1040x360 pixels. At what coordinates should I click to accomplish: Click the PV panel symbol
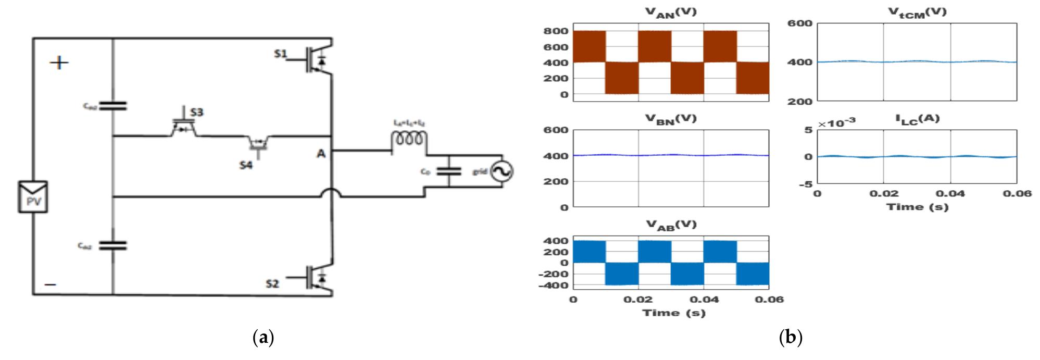[x=33, y=196]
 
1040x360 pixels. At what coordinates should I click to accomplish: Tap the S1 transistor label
[x=281, y=54]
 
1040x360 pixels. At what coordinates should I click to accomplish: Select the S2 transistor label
[x=272, y=283]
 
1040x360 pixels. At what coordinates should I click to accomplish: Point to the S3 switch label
[x=197, y=112]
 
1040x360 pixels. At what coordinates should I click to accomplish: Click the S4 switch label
[x=246, y=165]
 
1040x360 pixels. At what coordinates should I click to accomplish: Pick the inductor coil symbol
[x=409, y=139]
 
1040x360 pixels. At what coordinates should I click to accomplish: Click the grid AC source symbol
[x=504, y=171]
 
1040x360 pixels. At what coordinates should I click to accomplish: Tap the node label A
[x=321, y=154]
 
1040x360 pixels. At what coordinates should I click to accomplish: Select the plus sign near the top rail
[x=59, y=63]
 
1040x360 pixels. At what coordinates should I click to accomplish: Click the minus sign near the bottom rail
[x=51, y=284]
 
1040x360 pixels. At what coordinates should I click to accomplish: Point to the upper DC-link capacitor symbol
[x=112, y=106]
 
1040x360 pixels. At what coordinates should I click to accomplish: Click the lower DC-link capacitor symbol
[x=112, y=245]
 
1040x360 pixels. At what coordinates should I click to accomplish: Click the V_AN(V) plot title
[x=670, y=13]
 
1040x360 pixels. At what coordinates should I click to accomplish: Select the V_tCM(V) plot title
[x=917, y=13]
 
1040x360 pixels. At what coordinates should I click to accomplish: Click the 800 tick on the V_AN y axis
[x=556, y=31]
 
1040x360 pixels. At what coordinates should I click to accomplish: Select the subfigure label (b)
[x=790, y=338]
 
